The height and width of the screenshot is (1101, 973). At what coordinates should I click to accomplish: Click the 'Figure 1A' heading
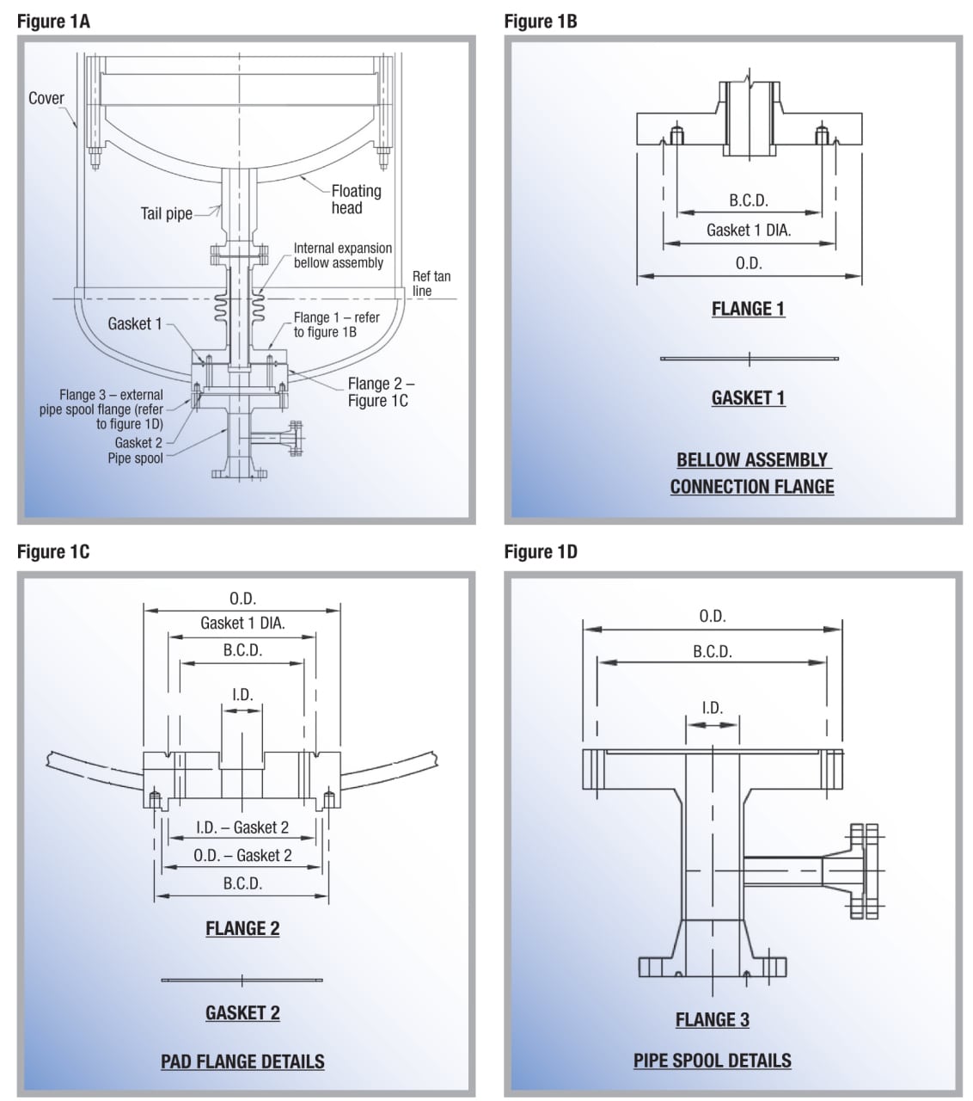coord(53,22)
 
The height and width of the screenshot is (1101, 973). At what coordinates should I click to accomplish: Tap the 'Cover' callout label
coord(46,98)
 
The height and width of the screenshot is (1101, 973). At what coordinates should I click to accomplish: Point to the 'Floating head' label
coord(355,200)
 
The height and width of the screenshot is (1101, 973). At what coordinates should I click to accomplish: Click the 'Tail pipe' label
coord(166,213)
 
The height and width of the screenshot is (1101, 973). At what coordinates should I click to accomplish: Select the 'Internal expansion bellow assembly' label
coord(342,255)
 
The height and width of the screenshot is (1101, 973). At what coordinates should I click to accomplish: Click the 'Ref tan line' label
coord(431,283)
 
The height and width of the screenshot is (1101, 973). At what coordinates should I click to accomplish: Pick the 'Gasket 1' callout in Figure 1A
coord(134,323)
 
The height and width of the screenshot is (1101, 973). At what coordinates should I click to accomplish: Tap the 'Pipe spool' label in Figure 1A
coord(135,458)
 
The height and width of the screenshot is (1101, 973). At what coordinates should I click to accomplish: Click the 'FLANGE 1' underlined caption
coord(748,309)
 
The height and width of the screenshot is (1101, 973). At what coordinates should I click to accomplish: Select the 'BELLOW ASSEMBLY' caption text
coord(752,460)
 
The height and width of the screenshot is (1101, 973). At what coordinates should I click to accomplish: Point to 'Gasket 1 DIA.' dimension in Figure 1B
coord(749,230)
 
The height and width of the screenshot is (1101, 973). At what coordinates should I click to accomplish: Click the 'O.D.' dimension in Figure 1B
coord(749,263)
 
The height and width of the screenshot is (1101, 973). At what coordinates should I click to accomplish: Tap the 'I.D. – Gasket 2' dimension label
coord(242,827)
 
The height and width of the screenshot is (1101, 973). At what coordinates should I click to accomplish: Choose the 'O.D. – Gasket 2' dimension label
coord(242,855)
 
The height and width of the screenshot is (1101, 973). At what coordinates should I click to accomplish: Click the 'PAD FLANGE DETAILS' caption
coord(242,1061)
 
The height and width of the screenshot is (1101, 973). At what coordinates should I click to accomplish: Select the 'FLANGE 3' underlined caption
coord(712,1020)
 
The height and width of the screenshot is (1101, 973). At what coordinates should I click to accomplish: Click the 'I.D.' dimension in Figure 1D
coord(712,708)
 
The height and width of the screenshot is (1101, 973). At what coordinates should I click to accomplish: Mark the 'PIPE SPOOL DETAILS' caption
coord(712,1061)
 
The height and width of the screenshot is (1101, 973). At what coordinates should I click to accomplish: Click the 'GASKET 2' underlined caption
coord(242,1013)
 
